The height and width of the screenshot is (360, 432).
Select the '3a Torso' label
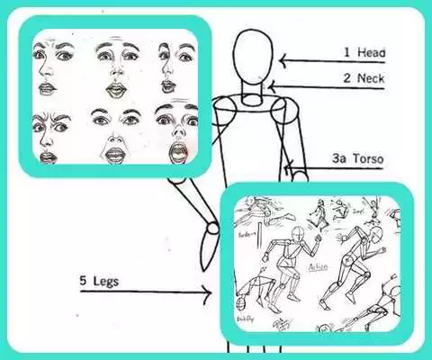(x=357, y=161)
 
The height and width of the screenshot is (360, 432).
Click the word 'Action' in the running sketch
(x=319, y=268)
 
